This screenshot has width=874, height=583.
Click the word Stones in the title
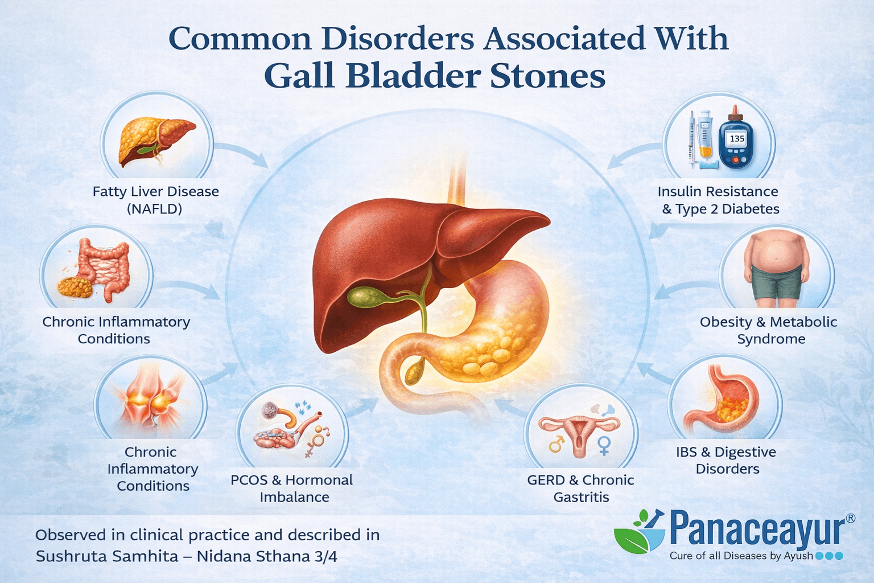pos(547,76)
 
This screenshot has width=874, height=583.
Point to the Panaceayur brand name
pos(757,529)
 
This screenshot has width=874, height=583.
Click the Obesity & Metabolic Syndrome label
pos(769,330)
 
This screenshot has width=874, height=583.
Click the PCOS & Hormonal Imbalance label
pos(292,488)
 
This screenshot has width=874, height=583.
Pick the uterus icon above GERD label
pos(579,436)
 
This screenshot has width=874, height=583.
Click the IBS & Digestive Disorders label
pos(727,460)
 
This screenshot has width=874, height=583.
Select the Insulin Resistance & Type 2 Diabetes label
pos(719,200)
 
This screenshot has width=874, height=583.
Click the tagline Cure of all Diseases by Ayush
pos(741,556)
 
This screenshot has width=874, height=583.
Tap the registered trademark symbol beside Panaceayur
pos(850,518)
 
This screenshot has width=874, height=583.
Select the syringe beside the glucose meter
pos(691,139)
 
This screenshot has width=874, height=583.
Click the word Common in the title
pos(240,39)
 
